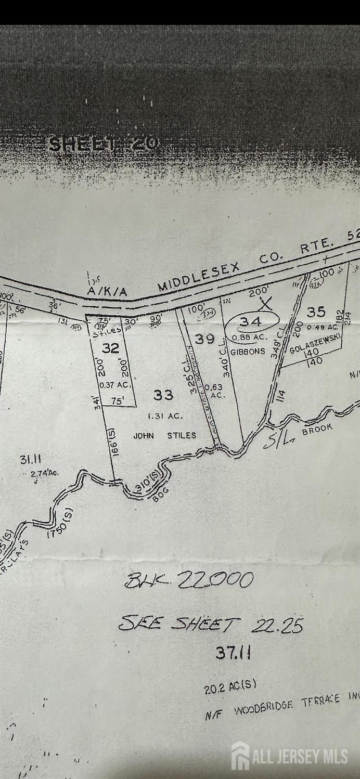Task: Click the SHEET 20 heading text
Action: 103,144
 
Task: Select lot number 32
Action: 110,348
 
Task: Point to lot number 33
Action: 163,395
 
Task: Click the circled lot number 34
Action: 251,322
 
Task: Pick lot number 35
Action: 316,311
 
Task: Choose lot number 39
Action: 205,339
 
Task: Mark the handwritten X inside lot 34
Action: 267,304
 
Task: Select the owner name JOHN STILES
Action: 164,435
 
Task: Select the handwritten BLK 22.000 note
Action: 189,580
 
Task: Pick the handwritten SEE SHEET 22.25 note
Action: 211,624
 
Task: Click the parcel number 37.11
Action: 233,652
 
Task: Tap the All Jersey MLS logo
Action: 290,756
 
